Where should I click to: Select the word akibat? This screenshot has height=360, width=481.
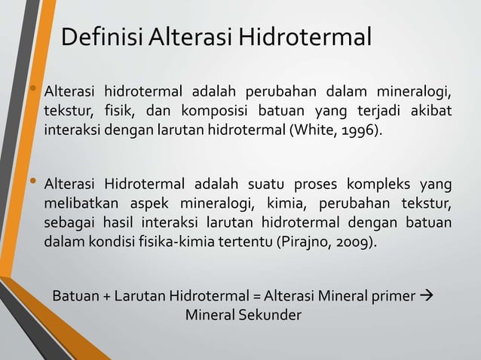(x=432, y=112)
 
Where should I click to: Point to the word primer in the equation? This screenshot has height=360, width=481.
(x=392, y=294)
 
